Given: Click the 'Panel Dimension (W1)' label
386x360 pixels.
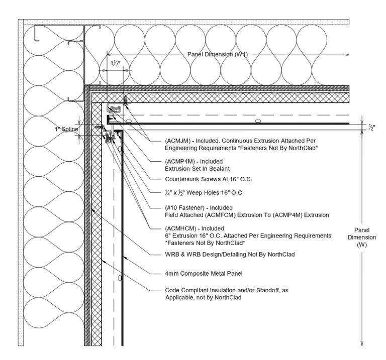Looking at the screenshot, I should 218,54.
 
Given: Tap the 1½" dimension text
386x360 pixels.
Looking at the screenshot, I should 116,63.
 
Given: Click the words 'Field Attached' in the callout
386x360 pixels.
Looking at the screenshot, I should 182,214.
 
